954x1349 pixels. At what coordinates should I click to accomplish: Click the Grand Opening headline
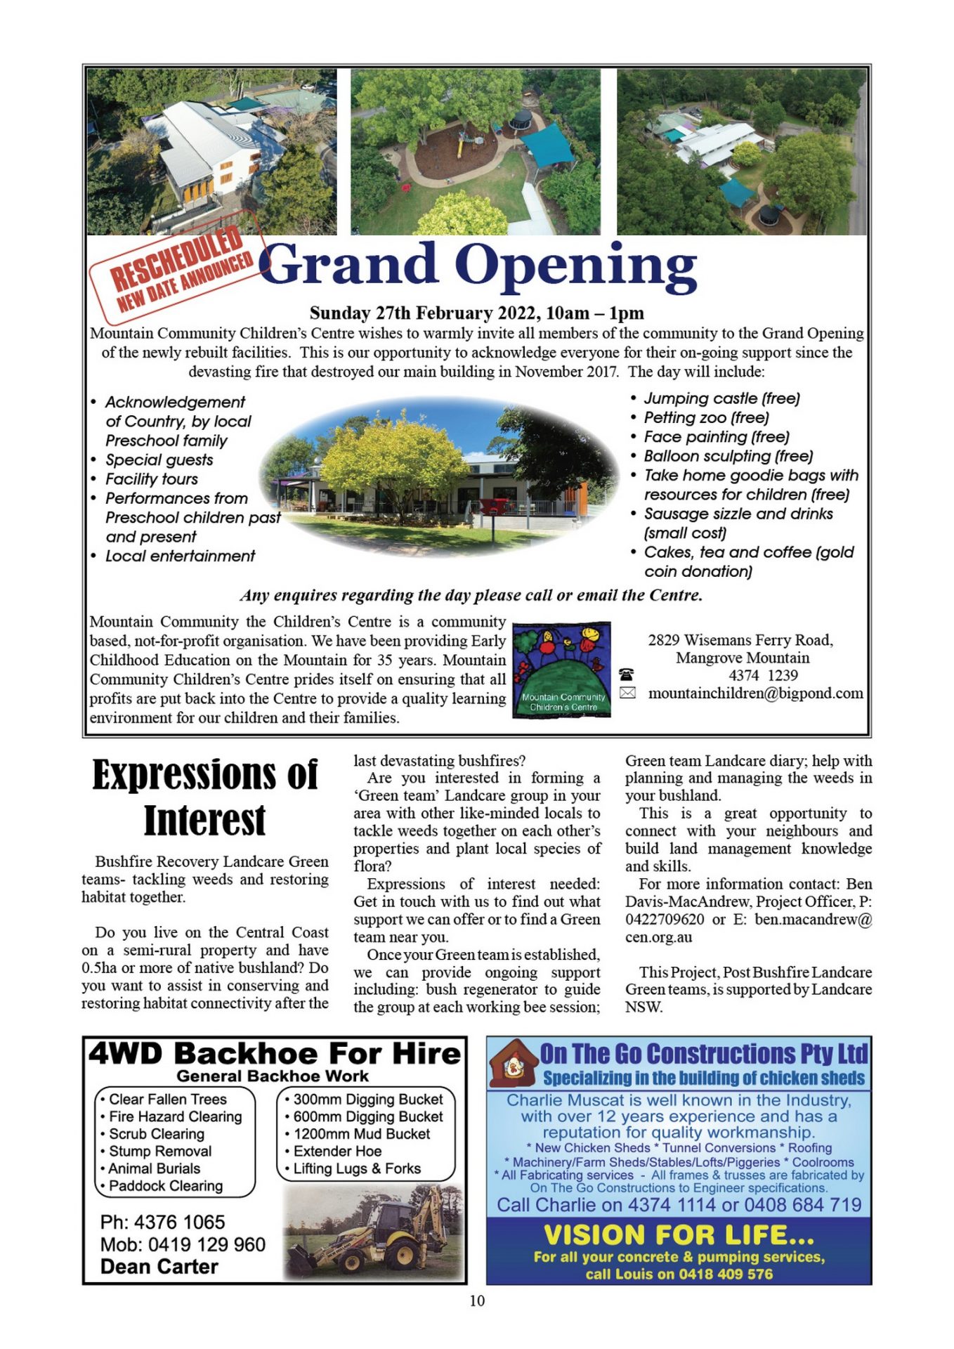pos(478,266)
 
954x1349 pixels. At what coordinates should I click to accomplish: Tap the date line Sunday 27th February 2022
pos(476,313)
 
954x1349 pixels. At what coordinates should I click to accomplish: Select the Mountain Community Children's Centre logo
pos(561,670)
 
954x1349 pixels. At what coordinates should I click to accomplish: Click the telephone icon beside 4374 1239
pos(626,675)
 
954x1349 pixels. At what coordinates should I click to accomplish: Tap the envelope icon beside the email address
pos(627,693)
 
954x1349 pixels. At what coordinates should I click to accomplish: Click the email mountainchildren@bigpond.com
pos(755,693)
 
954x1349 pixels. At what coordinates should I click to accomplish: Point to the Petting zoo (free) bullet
pos(706,417)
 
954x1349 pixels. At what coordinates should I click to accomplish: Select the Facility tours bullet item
pos(151,479)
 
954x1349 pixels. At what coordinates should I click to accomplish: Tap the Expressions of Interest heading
pos(204,797)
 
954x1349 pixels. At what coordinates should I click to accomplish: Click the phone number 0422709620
pos(665,920)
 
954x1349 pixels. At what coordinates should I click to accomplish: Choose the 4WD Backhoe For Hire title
pos(275,1054)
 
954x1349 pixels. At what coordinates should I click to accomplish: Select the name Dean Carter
pos(159,1267)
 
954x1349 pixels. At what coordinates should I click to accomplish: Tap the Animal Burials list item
pos(154,1168)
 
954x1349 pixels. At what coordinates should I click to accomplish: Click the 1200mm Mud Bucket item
pos(362,1134)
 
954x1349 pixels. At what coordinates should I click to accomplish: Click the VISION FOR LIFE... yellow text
pos(679,1235)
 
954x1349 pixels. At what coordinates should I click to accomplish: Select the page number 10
pos(477,1301)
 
